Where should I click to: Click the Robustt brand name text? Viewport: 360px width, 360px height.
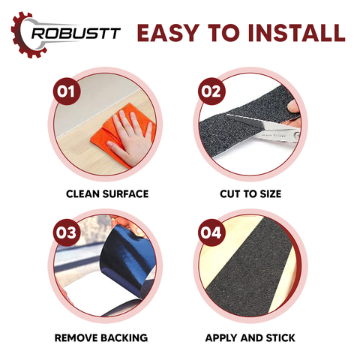coord(76,33)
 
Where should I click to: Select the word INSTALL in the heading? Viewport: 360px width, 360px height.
coord(297,33)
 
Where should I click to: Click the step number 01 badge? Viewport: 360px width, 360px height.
coord(66,91)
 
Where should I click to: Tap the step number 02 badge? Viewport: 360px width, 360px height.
coord(211,91)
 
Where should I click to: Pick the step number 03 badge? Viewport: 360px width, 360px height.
coord(66,232)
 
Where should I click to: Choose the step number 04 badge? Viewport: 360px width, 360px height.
coord(211,232)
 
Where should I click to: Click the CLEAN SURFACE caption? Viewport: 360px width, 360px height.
coord(107,194)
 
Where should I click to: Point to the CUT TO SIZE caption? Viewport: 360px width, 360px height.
coord(250,194)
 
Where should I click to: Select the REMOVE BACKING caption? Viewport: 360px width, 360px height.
coord(101,337)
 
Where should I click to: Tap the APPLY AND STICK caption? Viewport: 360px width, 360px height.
coord(250,337)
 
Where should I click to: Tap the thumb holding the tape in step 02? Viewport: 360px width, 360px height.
coord(293,107)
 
